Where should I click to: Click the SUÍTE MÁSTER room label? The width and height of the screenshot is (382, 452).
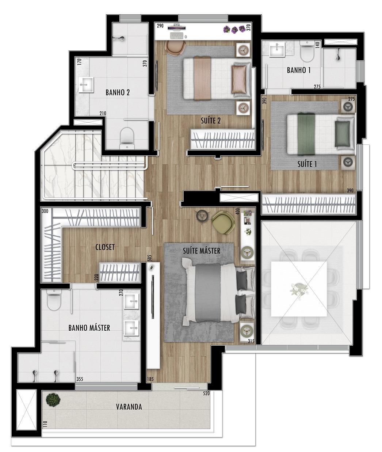pos(202,251)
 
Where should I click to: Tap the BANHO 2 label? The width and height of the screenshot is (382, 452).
pos(118,92)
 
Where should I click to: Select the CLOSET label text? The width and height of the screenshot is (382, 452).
pos(105,247)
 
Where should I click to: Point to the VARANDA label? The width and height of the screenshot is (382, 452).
pos(129,407)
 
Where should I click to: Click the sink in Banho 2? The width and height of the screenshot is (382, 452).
pos(85,85)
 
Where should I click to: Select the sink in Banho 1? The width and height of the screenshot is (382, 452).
pos(277,50)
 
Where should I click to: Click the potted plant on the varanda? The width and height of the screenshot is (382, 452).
pos(53,399)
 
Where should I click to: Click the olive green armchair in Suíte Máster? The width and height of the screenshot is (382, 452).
pos(223,223)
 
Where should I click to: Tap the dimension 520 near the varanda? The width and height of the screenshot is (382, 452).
pos(206,394)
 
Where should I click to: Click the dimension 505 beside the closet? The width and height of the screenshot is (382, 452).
pos(150,258)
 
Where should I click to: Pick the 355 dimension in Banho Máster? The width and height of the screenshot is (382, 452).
pos(80,379)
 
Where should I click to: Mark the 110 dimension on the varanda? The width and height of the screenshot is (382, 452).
pos(45,424)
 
